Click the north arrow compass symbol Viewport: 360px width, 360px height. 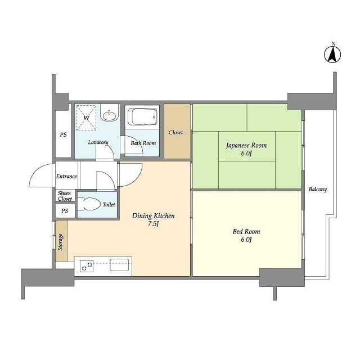click(332, 54)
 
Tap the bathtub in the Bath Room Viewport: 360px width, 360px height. click(142, 116)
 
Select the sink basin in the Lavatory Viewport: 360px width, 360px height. click(110, 115)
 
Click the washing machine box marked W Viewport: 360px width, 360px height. click(86, 118)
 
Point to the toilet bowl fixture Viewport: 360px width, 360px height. click(89, 204)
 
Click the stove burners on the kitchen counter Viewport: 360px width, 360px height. click(87, 266)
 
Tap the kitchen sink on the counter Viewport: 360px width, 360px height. click(119, 265)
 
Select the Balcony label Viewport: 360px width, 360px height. click(317, 190)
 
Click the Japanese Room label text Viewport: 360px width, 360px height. click(246, 145)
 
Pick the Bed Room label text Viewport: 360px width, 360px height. click(246, 231)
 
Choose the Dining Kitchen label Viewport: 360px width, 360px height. click(154, 216)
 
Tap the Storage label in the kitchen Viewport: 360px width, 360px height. click(60, 242)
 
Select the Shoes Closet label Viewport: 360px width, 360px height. click(65, 196)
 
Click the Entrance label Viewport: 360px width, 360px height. click(66, 176)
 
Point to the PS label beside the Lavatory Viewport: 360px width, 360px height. click(63, 134)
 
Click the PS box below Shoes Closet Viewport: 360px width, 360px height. click(65, 211)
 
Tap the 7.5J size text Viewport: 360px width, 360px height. click(153, 224)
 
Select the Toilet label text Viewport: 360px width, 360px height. click(109, 204)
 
